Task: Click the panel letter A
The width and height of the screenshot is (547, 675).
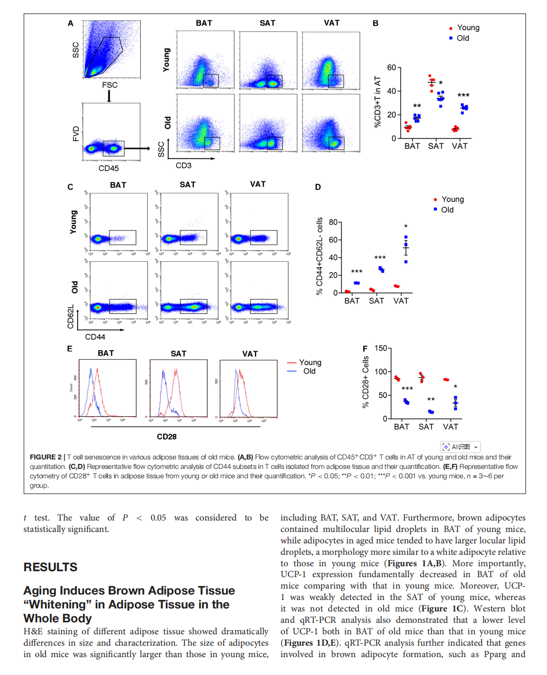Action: pos(71,23)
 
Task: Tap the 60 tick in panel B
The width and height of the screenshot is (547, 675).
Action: pos(391,68)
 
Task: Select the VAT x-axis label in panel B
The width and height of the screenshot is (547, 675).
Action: pos(459,146)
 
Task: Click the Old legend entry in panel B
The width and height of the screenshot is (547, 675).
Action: pos(462,38)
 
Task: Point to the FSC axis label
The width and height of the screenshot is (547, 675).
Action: pos(110,85)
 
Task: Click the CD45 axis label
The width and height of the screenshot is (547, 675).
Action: pos(108,168)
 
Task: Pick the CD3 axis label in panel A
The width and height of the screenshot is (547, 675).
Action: pos(183,165)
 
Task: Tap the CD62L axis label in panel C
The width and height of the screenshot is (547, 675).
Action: pos(71,316)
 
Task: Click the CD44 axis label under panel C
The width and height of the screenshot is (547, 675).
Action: pos(95,337)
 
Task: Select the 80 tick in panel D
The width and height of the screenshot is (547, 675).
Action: pos(333,222)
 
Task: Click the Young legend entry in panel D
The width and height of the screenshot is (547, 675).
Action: pos(452,199)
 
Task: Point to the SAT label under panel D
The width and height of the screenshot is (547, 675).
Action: pos(376,301)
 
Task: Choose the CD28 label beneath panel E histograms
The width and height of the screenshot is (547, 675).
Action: pos(167,437)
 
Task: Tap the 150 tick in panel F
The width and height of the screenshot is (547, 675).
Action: pos(380,348)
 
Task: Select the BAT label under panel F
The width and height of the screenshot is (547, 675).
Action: pos(401,427)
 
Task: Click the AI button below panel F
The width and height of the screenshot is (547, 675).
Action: pos(460,447)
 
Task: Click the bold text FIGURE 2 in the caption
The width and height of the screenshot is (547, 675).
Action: pos(46,457)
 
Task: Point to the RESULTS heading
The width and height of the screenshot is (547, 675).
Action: pos(50,567)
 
